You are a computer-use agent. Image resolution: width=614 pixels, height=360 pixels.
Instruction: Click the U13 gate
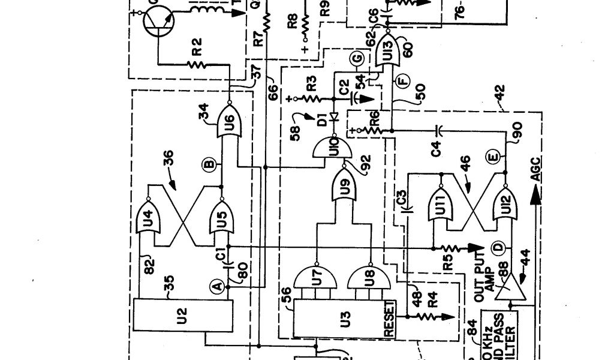387,50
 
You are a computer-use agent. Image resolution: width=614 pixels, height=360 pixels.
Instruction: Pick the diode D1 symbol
335,118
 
